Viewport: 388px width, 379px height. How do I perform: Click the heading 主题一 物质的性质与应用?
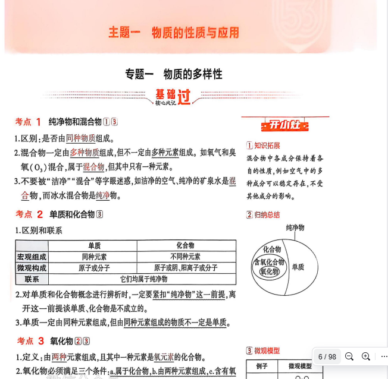173,32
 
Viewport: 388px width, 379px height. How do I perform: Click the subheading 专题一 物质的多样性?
173,74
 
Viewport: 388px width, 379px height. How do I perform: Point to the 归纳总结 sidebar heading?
267,215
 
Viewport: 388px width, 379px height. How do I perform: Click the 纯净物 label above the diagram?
295,228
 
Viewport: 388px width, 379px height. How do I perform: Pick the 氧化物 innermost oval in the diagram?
269,272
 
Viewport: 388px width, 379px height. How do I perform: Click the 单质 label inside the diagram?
298,267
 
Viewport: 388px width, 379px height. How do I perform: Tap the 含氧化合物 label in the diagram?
269,262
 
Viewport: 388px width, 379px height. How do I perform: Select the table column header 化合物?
186,245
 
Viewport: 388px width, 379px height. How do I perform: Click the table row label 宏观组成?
32,257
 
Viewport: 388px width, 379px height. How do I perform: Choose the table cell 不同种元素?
186,257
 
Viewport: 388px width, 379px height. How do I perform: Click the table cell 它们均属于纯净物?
142,279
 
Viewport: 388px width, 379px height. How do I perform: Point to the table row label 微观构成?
32,268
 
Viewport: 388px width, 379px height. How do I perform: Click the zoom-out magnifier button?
349,356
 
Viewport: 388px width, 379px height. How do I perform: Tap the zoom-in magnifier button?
366,356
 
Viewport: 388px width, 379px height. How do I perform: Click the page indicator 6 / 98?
327,357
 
